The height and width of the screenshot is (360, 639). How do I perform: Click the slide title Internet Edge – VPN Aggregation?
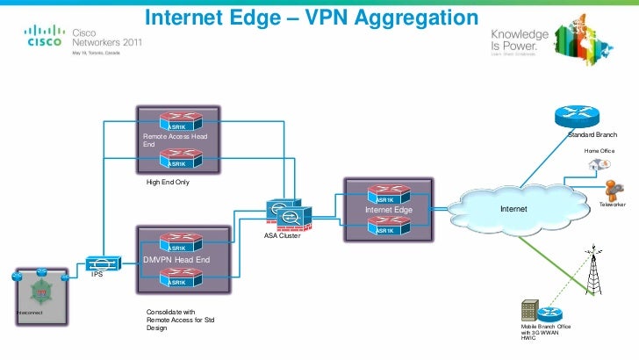(x=309, y=18)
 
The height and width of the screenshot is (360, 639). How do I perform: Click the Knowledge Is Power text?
(x=520, y=39)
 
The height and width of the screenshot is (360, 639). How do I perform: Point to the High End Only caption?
(x=168, y=183)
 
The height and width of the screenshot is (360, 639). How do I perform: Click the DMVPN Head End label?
(x=176, y=261)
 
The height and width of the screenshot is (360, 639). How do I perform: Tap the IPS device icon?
(x=103, y=263)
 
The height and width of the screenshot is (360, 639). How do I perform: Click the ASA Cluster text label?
(x=283, y=236)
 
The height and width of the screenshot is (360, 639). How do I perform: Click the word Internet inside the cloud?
(x=513, y=210)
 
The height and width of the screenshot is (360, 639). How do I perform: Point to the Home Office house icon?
(x=598, y=165)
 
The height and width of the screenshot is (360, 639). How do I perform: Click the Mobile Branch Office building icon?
(x=529, y=311)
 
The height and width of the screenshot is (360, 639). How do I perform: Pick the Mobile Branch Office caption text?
(x=545, y=332)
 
